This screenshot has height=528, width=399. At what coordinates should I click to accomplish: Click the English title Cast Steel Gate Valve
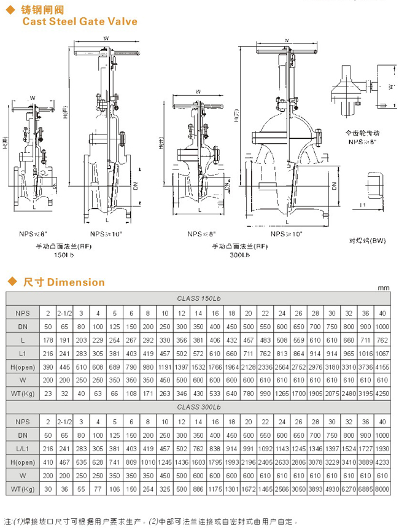[80, 21]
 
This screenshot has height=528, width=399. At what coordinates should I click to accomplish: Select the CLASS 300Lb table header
[198, 406]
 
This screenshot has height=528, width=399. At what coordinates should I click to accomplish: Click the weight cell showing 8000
[382, 488]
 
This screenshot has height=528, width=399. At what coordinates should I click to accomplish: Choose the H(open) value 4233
[382, 461]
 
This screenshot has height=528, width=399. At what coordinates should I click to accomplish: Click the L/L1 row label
[22, 448]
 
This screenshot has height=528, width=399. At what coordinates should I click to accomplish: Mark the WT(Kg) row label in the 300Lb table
[22, 488]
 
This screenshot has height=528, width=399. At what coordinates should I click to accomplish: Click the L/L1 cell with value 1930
[382, 448]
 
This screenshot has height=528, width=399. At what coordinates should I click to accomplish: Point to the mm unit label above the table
[384, 287]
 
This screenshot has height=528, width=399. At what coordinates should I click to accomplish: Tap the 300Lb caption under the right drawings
[239, 254]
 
